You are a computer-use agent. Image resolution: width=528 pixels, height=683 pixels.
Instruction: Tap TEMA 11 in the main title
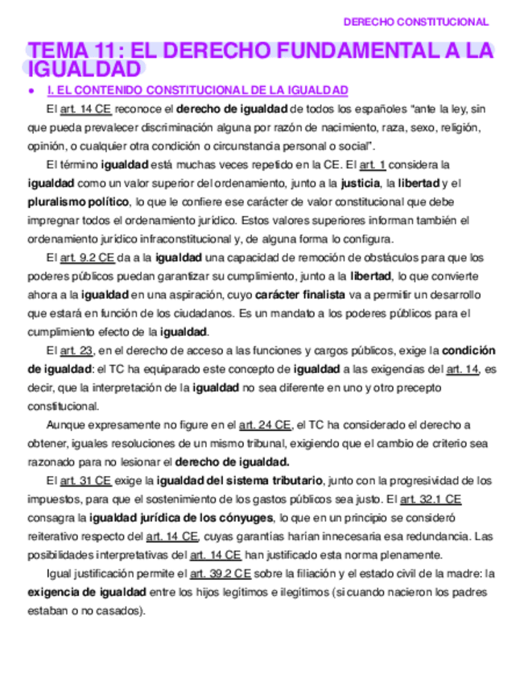pos(72,52)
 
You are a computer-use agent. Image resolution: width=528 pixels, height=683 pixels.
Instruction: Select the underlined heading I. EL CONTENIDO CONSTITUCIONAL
pos(197,89)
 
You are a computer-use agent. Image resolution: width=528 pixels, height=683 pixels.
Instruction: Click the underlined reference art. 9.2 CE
pos(86,258)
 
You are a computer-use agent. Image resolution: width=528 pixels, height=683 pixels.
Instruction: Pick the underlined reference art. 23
pos(78,351)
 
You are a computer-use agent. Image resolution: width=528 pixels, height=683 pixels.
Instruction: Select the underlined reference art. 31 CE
pos(86,481)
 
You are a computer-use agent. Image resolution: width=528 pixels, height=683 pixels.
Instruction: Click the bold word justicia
pos(361,184)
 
